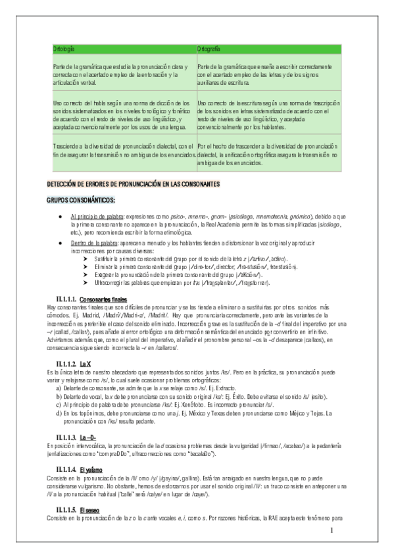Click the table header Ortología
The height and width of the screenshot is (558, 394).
click(x=64, y=50)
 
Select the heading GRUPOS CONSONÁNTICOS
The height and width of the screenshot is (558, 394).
click(x=81, y=199)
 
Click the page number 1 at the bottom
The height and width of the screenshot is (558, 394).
click(x=333, y=530)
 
